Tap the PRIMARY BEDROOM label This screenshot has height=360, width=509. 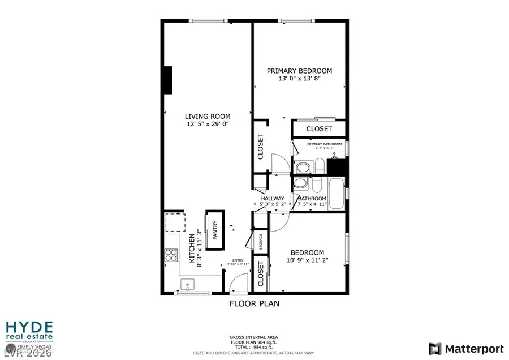click(299, 71)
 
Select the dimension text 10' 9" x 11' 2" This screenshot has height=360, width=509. click(307, 260)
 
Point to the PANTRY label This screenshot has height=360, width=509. click(215, 230)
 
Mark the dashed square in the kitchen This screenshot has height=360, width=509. click(175, 222)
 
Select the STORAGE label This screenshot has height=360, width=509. click(260, 241)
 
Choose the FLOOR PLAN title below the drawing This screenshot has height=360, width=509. click(254, 303)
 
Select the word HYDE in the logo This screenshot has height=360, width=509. click(29, 328)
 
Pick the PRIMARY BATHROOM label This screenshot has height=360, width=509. click(325, 144)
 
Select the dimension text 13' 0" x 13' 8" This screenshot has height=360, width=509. click(299, 78)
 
